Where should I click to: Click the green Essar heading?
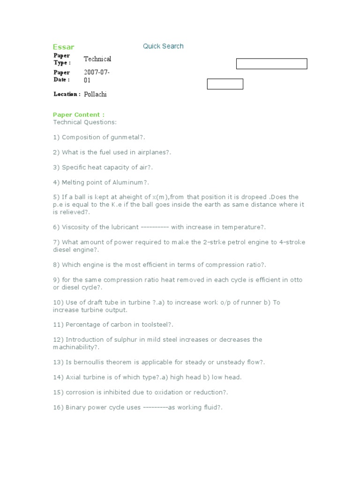click(x=63, y=47)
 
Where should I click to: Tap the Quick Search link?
click(x=163, y=46)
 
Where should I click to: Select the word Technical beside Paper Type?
click(x=97, y=59)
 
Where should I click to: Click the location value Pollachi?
click(x=96, y=94)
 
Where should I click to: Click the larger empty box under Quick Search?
click(x=271, y=64)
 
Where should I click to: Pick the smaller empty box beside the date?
click(x=225, y=84)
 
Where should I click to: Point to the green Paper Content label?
click(x=79, y=115)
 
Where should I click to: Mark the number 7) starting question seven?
click(x=56, y=242)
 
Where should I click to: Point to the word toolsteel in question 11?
click(x=151, y=325)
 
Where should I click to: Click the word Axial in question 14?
click(x=73, y=377)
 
